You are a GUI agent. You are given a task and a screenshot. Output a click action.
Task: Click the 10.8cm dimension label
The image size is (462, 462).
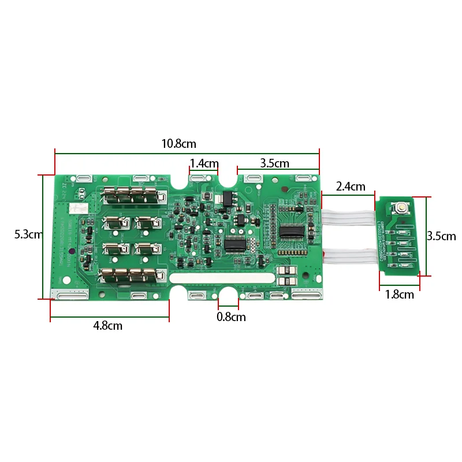click(179, 143)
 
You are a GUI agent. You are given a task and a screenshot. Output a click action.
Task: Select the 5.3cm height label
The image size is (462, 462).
click(28, 234)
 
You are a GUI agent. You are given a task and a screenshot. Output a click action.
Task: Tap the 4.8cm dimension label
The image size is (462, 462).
click(108, 326)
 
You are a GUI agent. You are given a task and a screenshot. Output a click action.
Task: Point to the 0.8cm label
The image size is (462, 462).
click(231, 316)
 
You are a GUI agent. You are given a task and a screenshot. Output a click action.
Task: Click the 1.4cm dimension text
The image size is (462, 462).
click(204, 163)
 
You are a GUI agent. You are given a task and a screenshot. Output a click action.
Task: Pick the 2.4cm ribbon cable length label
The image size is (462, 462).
click(351, 187)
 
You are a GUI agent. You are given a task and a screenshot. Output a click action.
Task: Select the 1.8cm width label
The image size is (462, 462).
click(400, 295)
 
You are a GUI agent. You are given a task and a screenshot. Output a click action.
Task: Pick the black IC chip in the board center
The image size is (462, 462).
click(235, 244)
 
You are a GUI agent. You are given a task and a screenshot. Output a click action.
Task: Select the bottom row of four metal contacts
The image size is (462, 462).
click(130, 276)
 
